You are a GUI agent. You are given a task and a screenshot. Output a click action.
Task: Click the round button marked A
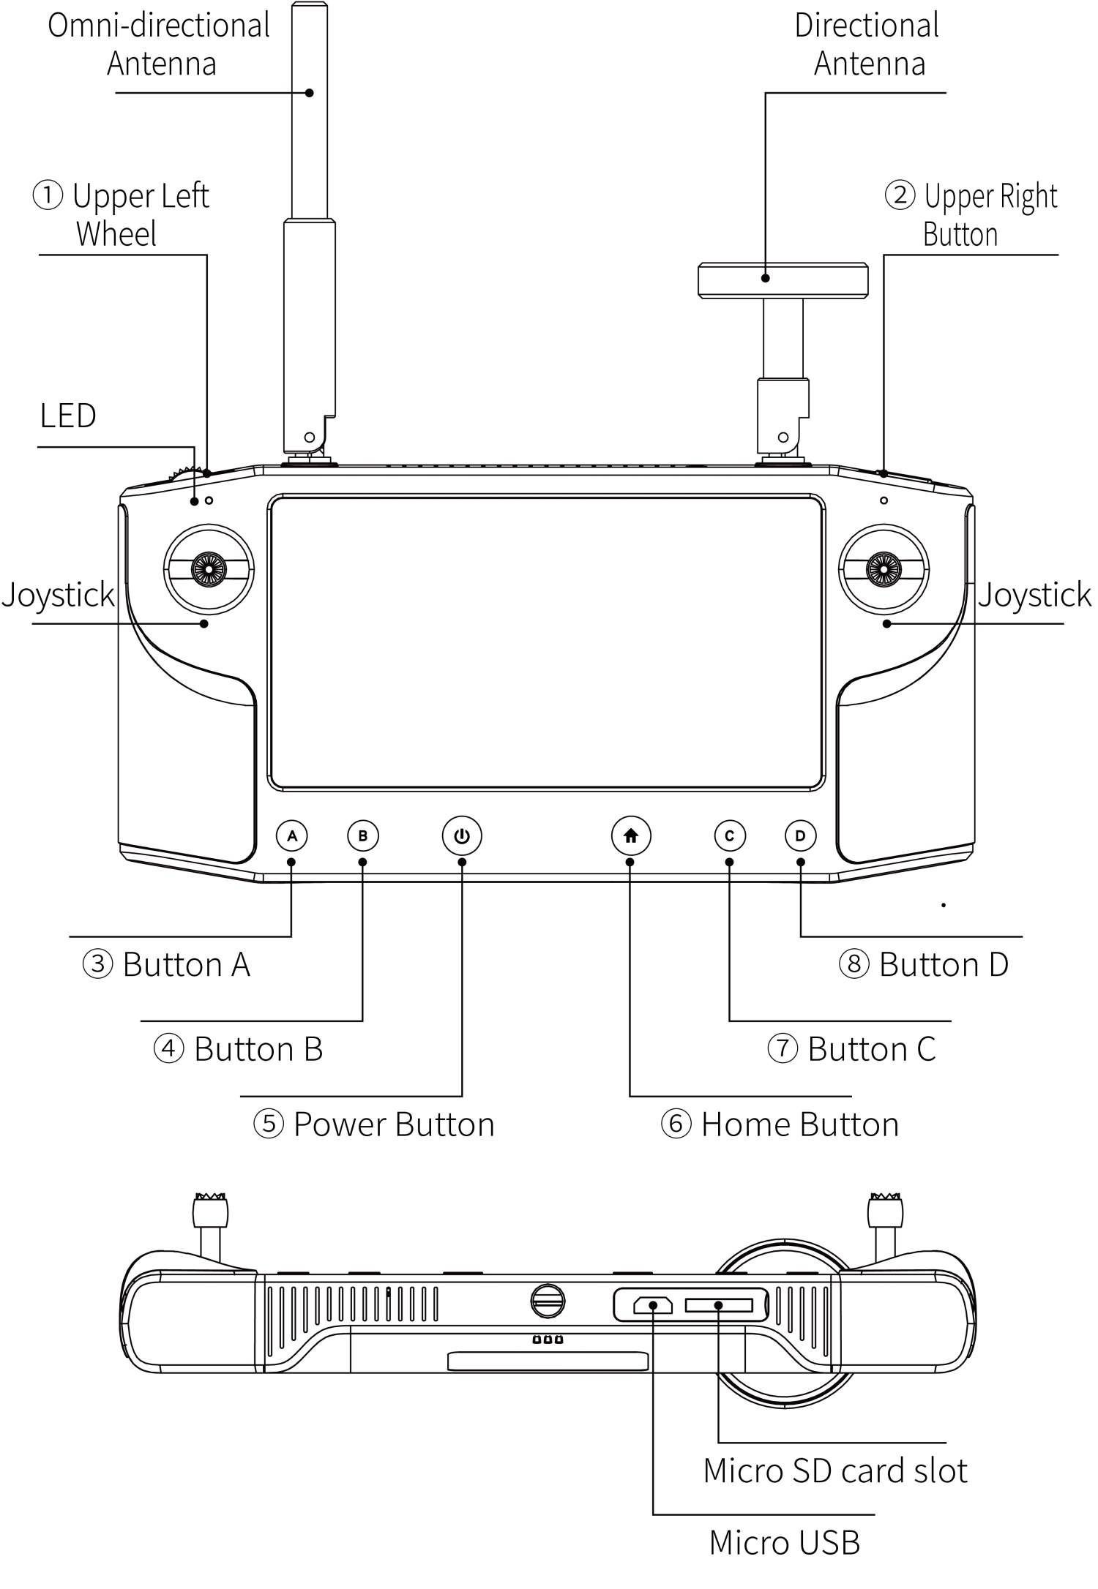pos(292,835)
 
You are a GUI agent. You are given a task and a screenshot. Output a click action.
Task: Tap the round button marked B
pos(363,835)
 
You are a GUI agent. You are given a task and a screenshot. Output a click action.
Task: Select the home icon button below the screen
pos(631,835)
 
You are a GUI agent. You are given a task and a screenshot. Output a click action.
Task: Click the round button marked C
pos(729,835)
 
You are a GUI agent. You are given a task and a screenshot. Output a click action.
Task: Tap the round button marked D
pos(800,835)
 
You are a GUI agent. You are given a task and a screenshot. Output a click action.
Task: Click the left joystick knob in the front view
pos(209,568)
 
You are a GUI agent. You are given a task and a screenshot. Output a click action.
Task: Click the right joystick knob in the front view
pos(884,568)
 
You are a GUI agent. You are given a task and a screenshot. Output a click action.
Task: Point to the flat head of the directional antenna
pos(783,281)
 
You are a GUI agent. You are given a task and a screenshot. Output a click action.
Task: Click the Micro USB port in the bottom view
pos(653,1305)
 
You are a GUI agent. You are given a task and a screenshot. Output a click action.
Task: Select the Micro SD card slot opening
pos(719,1305)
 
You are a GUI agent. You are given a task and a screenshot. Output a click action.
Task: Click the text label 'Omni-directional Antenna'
pos(160,45)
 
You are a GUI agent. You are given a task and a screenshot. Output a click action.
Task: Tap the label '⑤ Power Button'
pos(374,1124)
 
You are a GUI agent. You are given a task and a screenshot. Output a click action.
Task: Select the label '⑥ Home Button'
pos(780,1124)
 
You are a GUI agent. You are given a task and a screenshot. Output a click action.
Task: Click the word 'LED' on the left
pos(67,416)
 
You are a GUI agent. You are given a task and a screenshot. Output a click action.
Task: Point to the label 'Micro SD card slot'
pos(835,1470)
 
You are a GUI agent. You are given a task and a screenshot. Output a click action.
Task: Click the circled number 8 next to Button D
pos(854,964)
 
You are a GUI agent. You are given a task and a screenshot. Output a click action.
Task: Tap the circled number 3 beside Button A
pos(97,964)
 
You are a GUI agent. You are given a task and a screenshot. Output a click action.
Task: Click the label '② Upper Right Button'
pos(971,215)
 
